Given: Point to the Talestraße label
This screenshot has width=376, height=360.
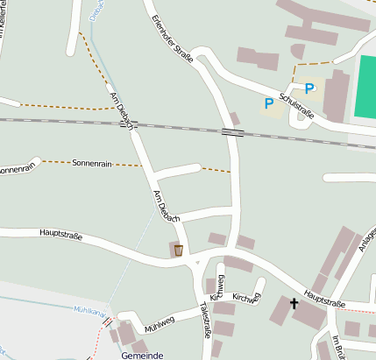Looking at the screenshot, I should (x=206, y=320).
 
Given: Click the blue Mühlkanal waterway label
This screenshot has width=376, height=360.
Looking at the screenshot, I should (x=89, y=309).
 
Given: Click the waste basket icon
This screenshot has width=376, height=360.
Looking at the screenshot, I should (x=178, y=251).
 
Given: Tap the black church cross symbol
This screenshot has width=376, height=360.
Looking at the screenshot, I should (x=294, y=304).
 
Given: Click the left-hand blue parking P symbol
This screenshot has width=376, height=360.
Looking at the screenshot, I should (x=269, y=103).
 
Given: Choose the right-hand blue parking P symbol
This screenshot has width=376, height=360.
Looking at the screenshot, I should (x=309, y=88).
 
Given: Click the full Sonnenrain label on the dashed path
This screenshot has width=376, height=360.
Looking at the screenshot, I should (x=92, y=163).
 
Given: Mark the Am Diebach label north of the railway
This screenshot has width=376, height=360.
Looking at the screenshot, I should (x=120, y=106).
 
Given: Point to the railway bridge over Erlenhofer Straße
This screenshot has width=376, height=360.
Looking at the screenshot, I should (x=233, y=132).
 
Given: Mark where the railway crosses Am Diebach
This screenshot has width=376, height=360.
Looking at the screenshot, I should (x=124, y=123).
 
